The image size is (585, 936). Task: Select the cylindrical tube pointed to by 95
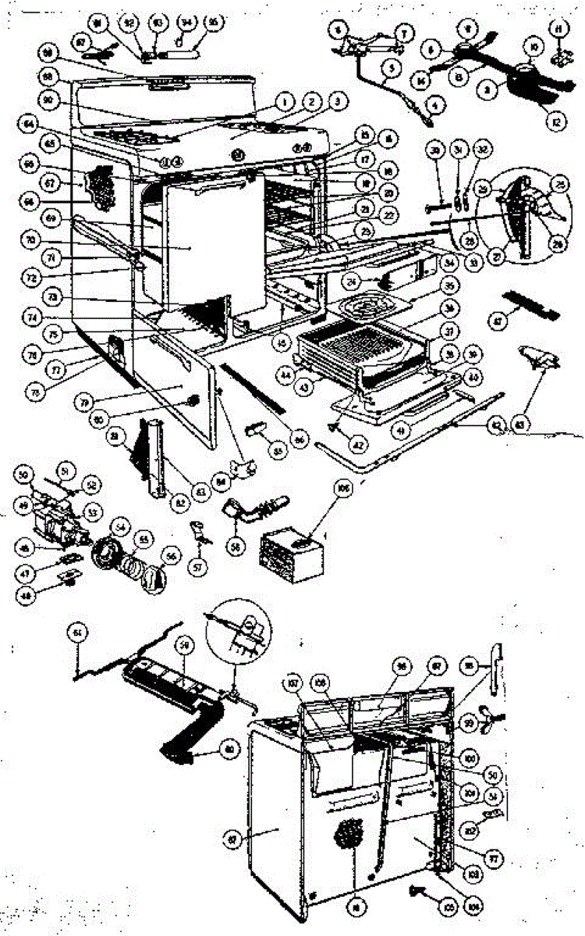(x=186, y=52)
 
